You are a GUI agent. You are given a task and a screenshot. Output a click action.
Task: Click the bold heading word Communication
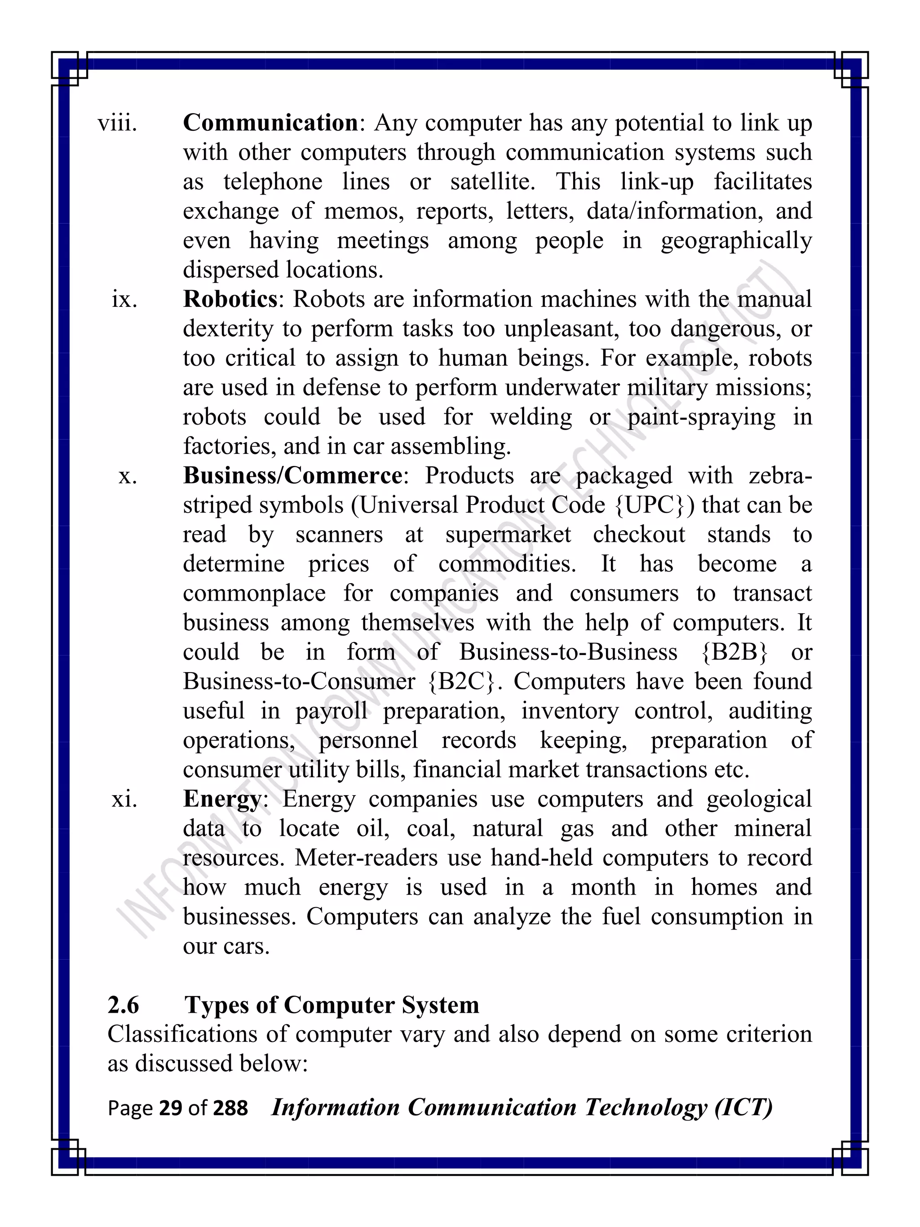[270, 123]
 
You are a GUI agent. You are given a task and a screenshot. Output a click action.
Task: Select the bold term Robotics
[230, 300]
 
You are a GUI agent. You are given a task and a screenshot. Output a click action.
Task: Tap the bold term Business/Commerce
[293, 476]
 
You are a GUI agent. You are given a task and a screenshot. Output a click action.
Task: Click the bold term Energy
[222, 799]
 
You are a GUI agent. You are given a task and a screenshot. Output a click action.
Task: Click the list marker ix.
[124, 300]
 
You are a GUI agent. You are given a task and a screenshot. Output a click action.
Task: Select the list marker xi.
[124, 799]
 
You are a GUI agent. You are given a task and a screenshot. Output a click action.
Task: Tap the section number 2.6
[123, 1005]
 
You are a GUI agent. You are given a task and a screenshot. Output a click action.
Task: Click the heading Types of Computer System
[332, 1005]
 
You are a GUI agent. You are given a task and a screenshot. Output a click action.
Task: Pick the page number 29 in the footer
[170, 1108]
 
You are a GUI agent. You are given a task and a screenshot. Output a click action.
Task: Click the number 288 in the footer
[230, 1108]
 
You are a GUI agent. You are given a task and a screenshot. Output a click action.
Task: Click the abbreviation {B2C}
[461, 682]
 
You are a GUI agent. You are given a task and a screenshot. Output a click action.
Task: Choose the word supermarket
[508, 535]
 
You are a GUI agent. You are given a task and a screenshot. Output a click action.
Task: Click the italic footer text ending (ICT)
[521, 1108]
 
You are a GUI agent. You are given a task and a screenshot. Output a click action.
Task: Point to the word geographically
[736, 241]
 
